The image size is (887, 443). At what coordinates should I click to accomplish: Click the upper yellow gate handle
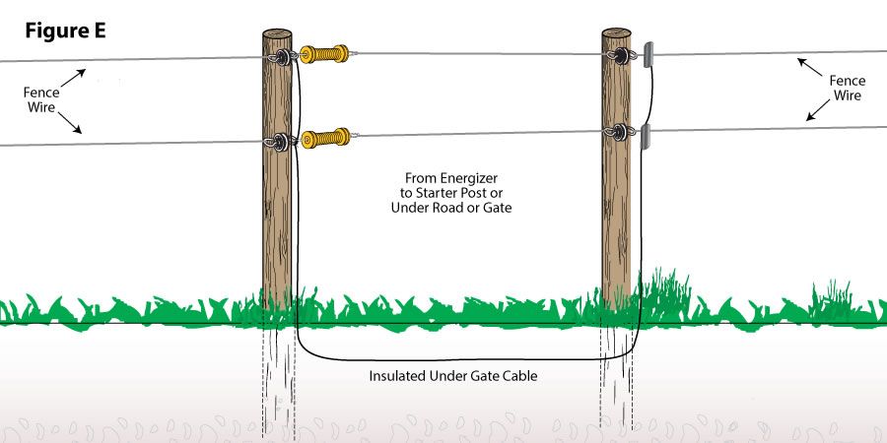[324, 54]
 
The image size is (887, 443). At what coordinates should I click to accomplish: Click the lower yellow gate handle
[326, 138]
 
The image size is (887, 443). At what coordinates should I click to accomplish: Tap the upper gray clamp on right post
[648, 55]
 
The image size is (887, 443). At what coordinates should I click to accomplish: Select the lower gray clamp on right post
[646, 137]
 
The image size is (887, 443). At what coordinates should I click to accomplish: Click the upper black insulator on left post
[284, 57]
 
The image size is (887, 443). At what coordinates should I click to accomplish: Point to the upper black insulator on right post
[621, 55]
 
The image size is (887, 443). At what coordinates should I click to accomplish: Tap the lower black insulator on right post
[620, 132]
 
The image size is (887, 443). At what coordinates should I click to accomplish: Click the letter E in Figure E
[99, 32]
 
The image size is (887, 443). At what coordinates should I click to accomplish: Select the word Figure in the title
[55, 32]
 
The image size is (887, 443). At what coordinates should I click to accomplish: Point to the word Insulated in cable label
[398, 375]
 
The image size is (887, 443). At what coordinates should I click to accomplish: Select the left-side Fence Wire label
[41, 98]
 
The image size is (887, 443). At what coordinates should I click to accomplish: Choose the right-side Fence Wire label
[848, 89]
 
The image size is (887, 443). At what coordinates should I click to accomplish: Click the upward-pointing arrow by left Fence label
[73, 78]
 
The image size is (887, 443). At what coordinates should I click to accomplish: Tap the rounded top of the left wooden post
[277, 32]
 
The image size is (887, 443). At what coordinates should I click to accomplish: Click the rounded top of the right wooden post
[616, 32]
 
